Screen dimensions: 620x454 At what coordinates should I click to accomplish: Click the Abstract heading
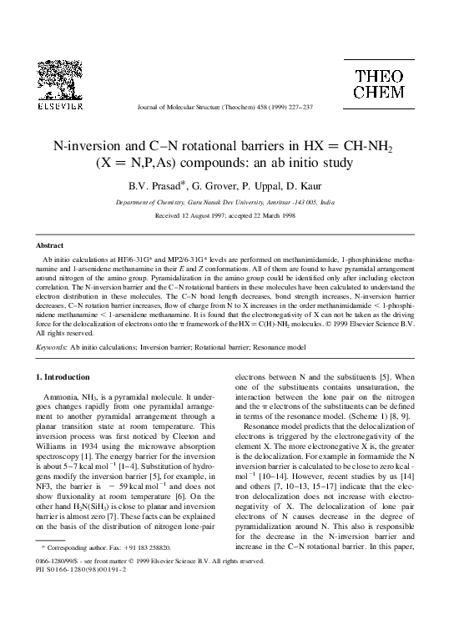[x=49, y=246]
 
